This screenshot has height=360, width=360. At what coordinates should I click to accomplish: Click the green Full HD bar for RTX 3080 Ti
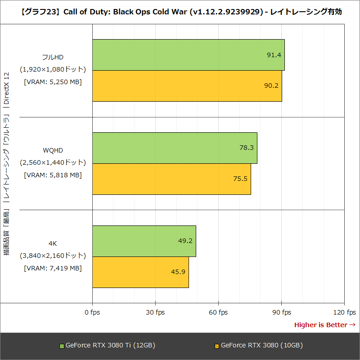click(x=188, y=55)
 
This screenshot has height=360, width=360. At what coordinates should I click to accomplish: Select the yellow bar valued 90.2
click(x=187, y=86)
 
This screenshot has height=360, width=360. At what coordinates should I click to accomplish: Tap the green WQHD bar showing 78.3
click(x=175, y=148)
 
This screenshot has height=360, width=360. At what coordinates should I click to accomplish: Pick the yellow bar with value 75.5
click(x=171, y=179)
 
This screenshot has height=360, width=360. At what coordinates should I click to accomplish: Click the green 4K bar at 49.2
click(x=144, y=241)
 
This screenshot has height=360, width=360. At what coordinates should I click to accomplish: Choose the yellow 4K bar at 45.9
click(x=140, y=272)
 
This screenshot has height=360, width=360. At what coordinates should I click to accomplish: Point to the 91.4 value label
click(x=274, y=55)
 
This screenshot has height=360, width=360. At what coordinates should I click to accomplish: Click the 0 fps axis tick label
click(x=92, y=312)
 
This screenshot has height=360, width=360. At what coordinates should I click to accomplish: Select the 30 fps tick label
click(x=155, y=312)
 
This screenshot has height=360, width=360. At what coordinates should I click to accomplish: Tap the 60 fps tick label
click(x=218, y=312)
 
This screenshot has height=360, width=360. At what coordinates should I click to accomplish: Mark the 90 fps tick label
click(x=281, y=312)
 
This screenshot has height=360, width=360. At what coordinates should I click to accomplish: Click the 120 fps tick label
click(x=344, y=312)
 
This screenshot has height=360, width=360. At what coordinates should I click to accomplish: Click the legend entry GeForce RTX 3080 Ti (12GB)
click(x=108, y=346)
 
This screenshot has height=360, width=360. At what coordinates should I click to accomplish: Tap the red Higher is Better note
click(x=324, y=325)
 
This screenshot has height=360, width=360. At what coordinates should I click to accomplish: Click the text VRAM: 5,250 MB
click(x=53, y=82)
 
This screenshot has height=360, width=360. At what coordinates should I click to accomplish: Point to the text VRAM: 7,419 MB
click(x=53, y=268)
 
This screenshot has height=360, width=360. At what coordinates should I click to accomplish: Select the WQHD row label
click(x=53, y=150)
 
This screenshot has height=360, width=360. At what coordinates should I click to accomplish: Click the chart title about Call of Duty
click(x=180, y=12)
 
